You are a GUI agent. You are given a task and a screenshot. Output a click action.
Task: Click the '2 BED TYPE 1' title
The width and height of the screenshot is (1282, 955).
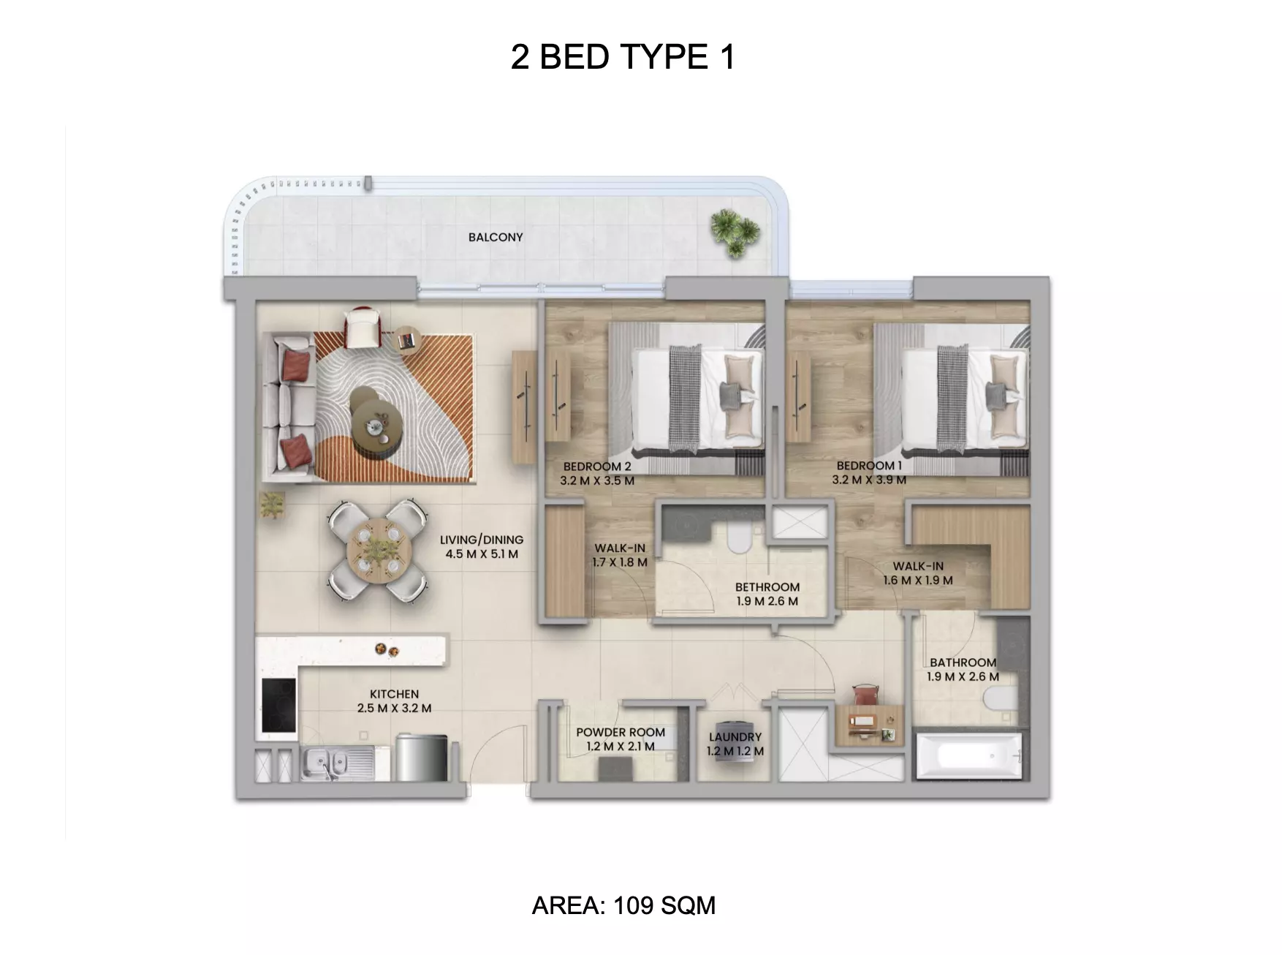623,57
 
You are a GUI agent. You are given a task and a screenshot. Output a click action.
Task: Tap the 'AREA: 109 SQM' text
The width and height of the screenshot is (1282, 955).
623,905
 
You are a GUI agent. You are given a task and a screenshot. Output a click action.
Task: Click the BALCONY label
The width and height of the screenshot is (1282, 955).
496,237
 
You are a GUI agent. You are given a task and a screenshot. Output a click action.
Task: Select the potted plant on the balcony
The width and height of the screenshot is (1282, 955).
735,233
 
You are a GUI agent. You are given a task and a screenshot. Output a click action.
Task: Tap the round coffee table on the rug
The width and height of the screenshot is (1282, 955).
378,422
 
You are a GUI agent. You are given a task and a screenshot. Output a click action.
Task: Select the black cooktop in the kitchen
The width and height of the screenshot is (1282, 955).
278,706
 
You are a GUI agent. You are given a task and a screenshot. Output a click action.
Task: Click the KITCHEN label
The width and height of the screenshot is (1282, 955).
394,694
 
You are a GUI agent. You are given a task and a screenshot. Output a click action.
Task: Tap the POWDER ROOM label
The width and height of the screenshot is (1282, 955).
621,732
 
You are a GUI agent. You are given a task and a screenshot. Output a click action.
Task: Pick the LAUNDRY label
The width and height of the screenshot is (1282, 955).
735,737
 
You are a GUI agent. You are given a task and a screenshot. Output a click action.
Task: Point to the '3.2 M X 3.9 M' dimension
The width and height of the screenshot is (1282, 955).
869,480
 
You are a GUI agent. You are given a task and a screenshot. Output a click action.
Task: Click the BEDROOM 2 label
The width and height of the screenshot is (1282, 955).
597,467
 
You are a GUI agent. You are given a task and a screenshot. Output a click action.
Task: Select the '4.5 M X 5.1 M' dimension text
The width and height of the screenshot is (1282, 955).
482,554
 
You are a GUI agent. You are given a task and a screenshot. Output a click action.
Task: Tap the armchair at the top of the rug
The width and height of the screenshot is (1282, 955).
364,327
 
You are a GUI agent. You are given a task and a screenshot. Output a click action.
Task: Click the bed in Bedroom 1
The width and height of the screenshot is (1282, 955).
950,399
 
